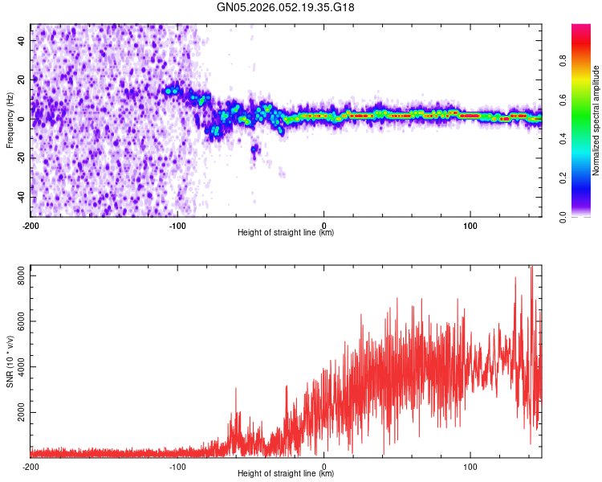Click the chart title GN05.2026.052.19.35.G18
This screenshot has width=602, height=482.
[286, 7]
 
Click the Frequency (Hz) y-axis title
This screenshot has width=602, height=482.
[10, 120]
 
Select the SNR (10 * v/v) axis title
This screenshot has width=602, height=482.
[10, 362]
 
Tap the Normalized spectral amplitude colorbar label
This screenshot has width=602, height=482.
[596, 120]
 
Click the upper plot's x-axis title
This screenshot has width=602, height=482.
[286, 232]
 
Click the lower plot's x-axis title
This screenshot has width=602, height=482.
[286, 473]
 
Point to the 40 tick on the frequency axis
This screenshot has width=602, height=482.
[21, 40]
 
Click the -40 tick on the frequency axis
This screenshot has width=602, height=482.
[19, 198]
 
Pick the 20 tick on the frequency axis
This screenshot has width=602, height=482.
[21, 80]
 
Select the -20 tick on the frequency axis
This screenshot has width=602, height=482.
[19, 158]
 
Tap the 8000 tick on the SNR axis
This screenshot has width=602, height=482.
[17, 276]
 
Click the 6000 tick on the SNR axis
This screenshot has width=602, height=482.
[17, 321]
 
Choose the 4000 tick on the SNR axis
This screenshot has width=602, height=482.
[17, 367]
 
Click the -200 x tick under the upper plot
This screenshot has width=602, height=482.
[31, 225]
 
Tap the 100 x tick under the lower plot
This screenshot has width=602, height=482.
[470, 466]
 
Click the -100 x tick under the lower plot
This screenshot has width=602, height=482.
[177, 466]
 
